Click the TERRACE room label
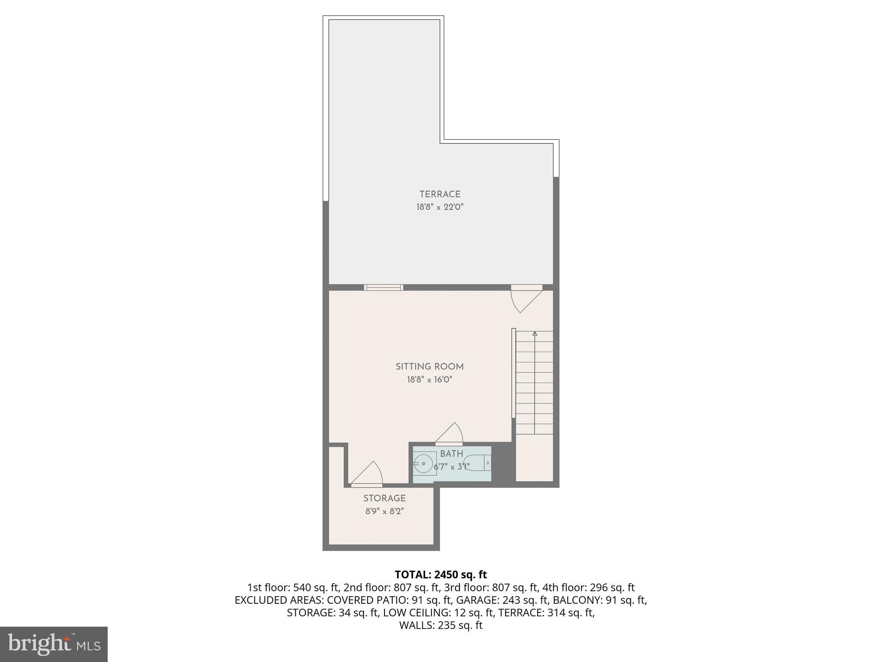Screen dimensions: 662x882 pyautogui.click(x=440, y=194)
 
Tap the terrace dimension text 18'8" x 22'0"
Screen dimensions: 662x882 pyautogui.click(x=440, y=207)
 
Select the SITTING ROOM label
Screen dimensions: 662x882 pyautogui.click(x=429, y=367)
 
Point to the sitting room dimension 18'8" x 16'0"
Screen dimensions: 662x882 pyautogui.click(x=429, y=380)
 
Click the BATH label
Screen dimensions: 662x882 pyautogui.click(x=451, y=454)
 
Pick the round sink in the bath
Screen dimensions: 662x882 pyautogui.click(x=424, y=464)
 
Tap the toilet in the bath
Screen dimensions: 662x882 pyautogui.click(x=478, y=463)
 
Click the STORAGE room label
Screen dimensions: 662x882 pyautogui.click(x=384, y=499)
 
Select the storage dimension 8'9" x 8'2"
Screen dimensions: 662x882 pyautogui.click(x=384, y=512)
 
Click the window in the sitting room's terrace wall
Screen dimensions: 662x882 pyautogui.click(x=383, y=287)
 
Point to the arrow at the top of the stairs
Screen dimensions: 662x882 pyautogui.click(x=534, y=334)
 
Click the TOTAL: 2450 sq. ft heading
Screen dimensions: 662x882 pyautogui.click(x=441, y=575)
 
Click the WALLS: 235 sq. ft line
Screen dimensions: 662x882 pyautogui.click(x=441, y=625)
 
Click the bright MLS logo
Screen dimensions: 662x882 pyautogui.click(x=54, y=644)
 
